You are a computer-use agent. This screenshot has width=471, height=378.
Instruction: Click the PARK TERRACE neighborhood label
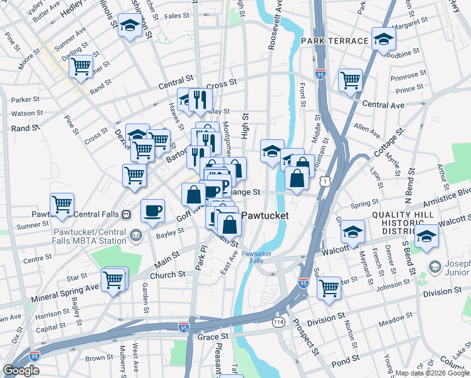(x=334, y=41)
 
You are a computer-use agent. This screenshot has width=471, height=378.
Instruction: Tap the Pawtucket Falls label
(x=256, y=257)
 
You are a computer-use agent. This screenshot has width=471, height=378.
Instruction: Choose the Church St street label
(x=167, y=275)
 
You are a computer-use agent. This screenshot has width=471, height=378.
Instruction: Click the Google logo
(x=21, y=370)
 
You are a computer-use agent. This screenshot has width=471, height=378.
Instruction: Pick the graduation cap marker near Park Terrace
(x=383, y=38)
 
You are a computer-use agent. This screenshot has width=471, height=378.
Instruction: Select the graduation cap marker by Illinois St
(x=130, y=26)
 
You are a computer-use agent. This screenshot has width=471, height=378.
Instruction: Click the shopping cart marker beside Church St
(x=114, y=278)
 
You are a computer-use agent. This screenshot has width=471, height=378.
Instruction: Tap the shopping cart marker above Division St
(x=329, y=287)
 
